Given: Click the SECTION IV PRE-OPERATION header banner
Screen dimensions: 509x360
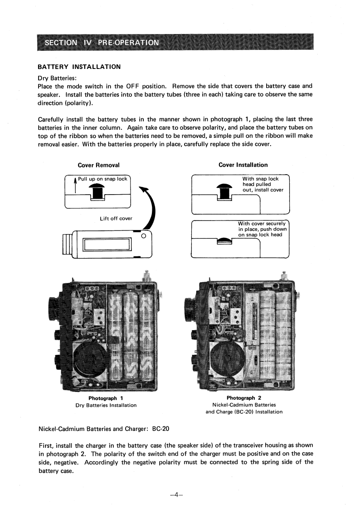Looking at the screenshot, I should [x=102, y=43].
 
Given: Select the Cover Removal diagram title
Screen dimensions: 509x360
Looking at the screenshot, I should [x=99, y=165].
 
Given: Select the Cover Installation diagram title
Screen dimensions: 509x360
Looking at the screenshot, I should [x=243, y=165].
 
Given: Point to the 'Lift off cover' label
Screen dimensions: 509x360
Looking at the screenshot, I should [x=116, y=218].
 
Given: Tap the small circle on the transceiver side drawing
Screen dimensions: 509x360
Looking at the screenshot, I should [x=144, y=236].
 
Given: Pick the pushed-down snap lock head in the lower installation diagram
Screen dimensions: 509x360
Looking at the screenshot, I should [x=224, y=241].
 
